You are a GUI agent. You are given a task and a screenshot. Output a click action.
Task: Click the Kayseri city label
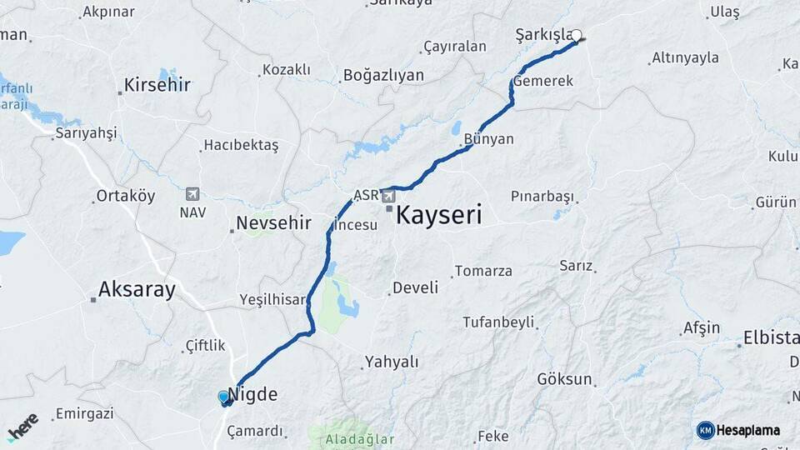pyautogui.click(x=438, y=215)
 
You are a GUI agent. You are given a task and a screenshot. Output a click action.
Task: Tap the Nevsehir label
pyautogui.click(x=273, y=223)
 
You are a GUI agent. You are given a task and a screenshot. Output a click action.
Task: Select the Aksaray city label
pyautogui.click(x=137, y=290)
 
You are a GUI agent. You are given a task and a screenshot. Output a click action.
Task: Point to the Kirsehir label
pyautogui.click(x=157, y=85)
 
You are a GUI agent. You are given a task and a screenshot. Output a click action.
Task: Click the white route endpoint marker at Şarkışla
pyautogui.click(x=576, y=36)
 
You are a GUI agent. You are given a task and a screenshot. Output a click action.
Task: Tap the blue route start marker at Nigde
pyautogui.click(x=223, y=397)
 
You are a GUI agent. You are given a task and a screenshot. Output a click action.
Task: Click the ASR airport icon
pyautogui.click(x=388, y=197)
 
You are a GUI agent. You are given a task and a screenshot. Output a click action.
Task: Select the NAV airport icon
pyautogui.click(x=193, y=194)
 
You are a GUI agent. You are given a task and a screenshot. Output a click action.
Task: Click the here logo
pyautogui.click(x=22, y=426)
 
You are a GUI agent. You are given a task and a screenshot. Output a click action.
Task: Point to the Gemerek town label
pyautogui.click(x=543, y=82)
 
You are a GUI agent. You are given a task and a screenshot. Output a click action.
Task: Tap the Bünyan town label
pyautogui.click(x=489, y=139)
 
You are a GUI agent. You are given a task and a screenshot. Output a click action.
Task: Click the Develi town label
pyautogui.click(x=415, y=287)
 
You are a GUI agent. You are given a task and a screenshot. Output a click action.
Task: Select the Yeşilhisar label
pyautogui.click(x=272, y=299)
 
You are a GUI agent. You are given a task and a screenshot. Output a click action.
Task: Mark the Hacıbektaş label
pyautogui.click(x=242, y=145)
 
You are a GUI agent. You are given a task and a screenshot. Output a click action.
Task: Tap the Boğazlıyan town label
pyautogui.click(x=383, y=76)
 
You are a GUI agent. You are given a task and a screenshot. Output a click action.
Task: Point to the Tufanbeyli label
pyautogui.click(x=498, y=322)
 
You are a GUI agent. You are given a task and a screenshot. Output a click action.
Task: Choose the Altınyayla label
pyautogui.click(x=685, y=58)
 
